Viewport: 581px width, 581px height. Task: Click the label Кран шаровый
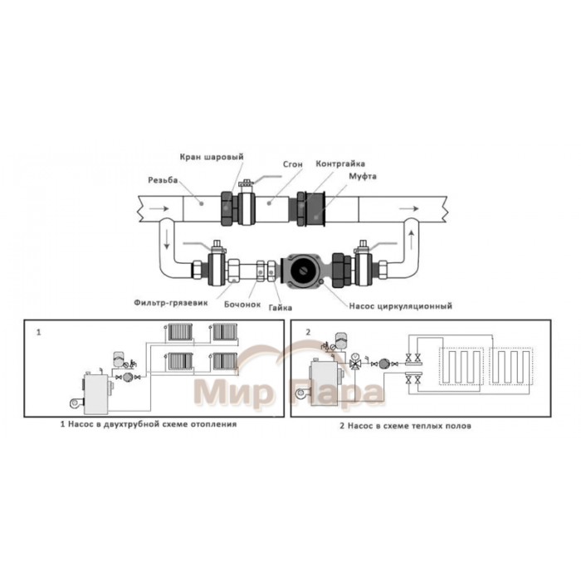point(212,157)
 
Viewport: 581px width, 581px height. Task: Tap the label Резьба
point(163,180)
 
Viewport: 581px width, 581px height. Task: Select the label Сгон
point(293,164)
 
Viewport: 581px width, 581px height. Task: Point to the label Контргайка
point(340,164)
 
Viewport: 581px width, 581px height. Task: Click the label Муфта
point(363,176)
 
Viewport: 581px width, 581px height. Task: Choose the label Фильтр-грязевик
point(171,303)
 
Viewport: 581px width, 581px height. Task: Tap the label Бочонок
point(242,305)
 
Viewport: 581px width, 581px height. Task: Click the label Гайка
point(281,308)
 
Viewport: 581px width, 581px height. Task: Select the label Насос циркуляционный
point(401,306)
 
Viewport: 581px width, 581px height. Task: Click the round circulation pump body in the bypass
point(305,271)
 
